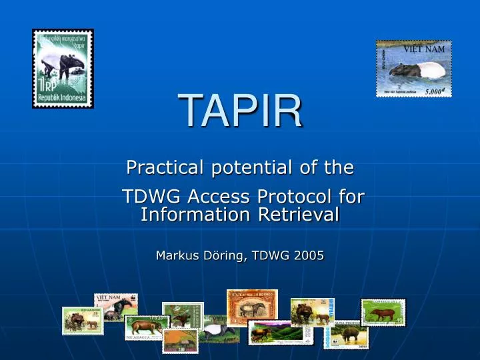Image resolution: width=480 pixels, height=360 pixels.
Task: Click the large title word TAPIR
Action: [240, 112]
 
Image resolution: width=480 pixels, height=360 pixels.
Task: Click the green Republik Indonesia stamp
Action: [63, 69]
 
